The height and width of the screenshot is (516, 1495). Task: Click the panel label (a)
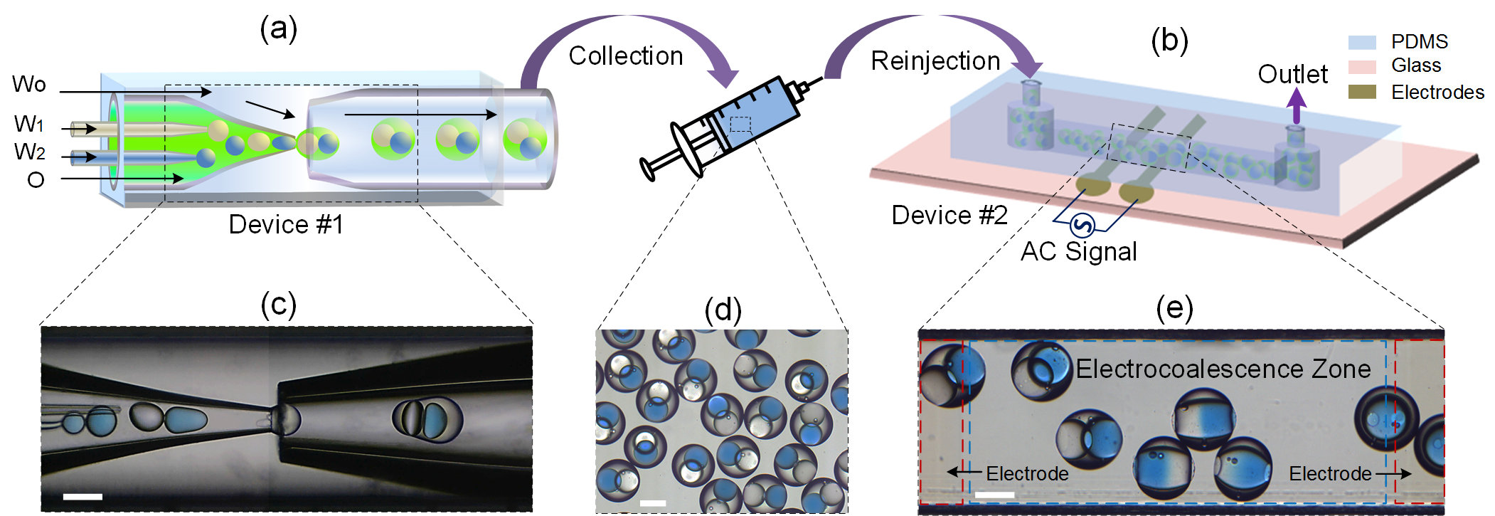278,29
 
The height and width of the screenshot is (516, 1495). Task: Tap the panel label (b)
1169,41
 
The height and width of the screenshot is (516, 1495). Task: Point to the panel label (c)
278,305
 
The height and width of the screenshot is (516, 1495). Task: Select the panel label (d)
723,310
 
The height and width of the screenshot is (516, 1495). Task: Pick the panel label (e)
1174,307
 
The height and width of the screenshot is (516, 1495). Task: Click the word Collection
625,56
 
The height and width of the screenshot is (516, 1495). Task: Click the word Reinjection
935,61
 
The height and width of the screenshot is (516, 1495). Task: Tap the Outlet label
1292,74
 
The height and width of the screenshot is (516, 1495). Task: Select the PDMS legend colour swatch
1361,42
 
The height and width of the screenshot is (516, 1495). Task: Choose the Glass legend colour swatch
1361,66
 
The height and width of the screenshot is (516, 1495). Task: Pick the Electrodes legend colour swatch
1361,92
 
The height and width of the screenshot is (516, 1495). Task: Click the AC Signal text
1078,252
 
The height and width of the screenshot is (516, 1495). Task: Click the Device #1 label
286,225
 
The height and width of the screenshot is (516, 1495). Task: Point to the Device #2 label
949,215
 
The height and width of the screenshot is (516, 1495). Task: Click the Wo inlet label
29,85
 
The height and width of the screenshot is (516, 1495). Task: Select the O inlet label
36,180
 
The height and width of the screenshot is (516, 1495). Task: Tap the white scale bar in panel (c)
83,496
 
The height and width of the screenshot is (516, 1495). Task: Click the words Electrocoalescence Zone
1223,369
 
